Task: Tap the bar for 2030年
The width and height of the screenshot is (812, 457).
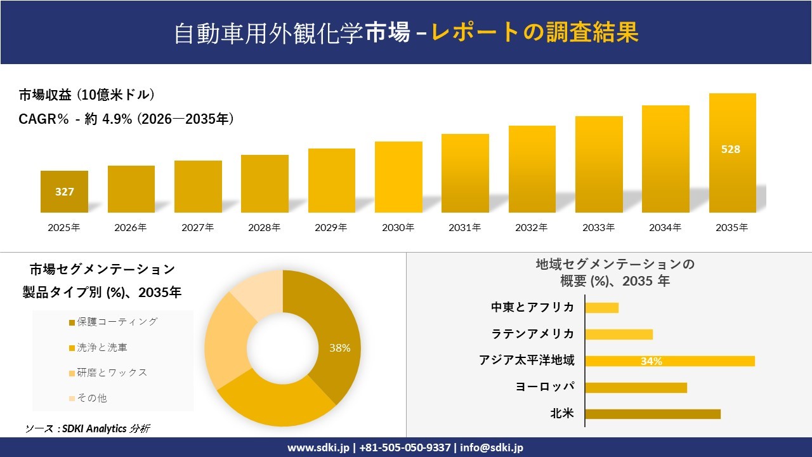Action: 398,177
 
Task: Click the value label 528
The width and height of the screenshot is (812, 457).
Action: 731,150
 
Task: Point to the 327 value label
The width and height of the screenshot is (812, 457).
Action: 65,192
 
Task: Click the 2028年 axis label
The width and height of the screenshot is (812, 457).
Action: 265,227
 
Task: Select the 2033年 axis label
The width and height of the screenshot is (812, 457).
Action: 599,227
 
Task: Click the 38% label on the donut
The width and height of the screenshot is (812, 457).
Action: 339,348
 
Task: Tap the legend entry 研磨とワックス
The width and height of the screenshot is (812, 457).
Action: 112,373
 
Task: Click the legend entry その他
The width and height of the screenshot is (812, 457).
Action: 91,398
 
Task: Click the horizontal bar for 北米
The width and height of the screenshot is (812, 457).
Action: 653,414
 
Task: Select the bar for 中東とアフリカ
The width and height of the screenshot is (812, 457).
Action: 601,308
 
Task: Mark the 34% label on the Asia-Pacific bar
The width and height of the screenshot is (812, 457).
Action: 652,361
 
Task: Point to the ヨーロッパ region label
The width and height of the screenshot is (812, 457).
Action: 546,387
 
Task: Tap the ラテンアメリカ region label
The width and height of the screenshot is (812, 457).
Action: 533,334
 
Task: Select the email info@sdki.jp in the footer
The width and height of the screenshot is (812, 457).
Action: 492,447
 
